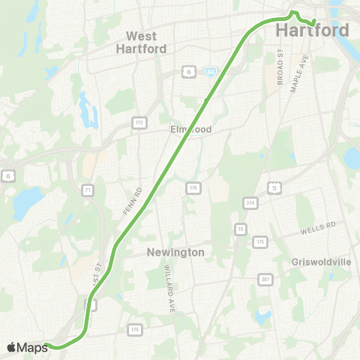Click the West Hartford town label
tap(141, 42)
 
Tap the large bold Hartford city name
tap(313, 31)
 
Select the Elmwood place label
tap(191, 130)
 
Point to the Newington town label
tap(176, 253)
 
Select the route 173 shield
tap(139, 121)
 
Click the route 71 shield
tap(88, 192)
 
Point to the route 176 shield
tap(193, 187)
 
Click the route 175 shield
tap(259, 241)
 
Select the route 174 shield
tap(135, 329)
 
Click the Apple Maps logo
tap(28, 347)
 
